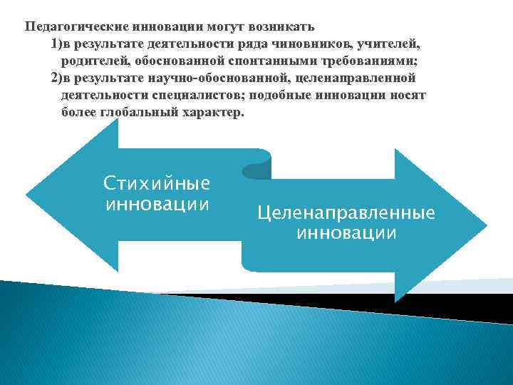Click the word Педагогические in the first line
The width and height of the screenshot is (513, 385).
[76, 27]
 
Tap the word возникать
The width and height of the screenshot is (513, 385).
[281, 27]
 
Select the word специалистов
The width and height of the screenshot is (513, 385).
[195, 96]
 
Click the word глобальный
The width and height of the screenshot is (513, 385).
[136, 113]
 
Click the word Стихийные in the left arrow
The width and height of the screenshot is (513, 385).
[157, 183]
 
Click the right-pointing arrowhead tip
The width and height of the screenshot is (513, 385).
[486, 225]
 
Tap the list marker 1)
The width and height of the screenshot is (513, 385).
[56, 44]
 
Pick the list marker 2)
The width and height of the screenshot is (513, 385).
[56, 78]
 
